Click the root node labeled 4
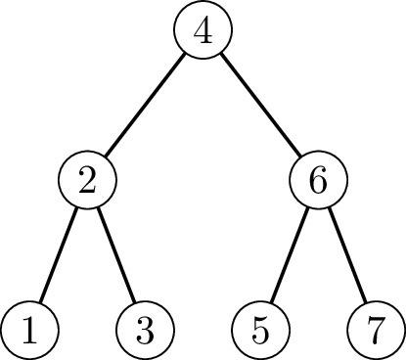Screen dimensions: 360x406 point(203,31)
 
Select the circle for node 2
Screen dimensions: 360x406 point(87,182)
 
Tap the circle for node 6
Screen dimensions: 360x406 point(318,182)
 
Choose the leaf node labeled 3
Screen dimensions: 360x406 point(145,331)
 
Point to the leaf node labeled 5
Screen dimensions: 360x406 point(260,331)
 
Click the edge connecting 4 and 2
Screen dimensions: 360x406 point(145,107)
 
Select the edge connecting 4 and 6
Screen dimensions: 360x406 point(260,107)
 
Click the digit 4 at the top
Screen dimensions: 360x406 point(203,31)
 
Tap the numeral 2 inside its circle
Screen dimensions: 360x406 point(87,182)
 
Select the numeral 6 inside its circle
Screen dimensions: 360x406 point(318,182)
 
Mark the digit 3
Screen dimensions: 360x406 point(145,331)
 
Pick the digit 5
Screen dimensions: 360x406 point(260,331)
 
